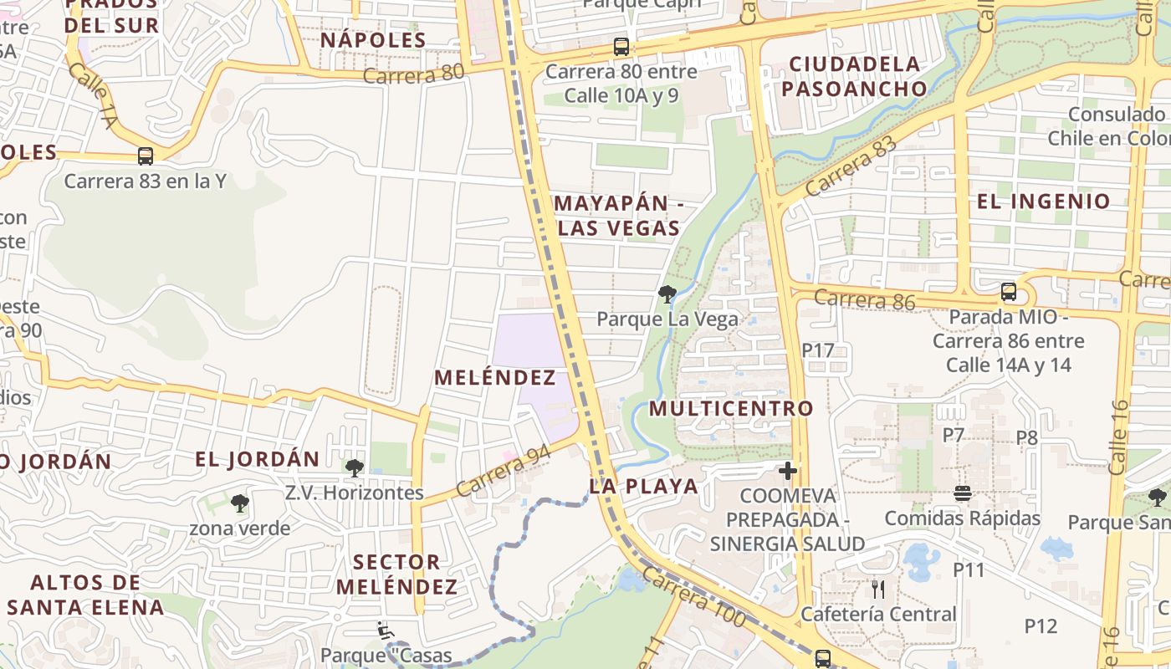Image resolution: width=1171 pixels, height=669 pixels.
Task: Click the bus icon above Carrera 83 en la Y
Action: click(146, 156)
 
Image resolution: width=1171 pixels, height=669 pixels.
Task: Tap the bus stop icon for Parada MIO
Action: click(1009, 292)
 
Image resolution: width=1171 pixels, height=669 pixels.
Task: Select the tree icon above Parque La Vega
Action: click(667, 294)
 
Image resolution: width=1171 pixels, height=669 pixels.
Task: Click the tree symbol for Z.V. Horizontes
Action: click(355, 467)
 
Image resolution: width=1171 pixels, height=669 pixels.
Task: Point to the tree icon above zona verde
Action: click(240, 503)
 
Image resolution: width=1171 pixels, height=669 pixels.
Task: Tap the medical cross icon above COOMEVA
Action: click(787, 471)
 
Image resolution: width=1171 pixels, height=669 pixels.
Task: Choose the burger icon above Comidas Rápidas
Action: click(962, 493)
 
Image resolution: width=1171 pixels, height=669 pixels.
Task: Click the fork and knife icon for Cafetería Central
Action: click(877, 589)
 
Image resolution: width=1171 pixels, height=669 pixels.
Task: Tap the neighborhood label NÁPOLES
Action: click(373, 39)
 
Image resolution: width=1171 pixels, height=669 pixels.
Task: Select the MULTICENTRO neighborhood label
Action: click(731, 408)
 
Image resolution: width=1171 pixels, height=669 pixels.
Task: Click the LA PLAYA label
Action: click(643, 486)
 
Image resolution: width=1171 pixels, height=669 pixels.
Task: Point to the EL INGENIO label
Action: click(1044, 201)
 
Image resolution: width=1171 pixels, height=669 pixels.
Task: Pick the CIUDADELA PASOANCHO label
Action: click(855, 76)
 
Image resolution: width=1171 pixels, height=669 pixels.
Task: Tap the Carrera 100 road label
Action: click(694, 598)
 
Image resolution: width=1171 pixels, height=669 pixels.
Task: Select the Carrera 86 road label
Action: click(864, 299)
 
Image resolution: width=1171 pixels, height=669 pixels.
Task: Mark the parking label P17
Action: click(818, 350)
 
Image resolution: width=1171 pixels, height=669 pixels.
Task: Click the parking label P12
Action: click(1041, 626)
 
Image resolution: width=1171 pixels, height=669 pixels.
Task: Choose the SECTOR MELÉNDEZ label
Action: click(397, 574)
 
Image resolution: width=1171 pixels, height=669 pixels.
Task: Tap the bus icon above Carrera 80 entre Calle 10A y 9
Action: click(621, 47)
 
